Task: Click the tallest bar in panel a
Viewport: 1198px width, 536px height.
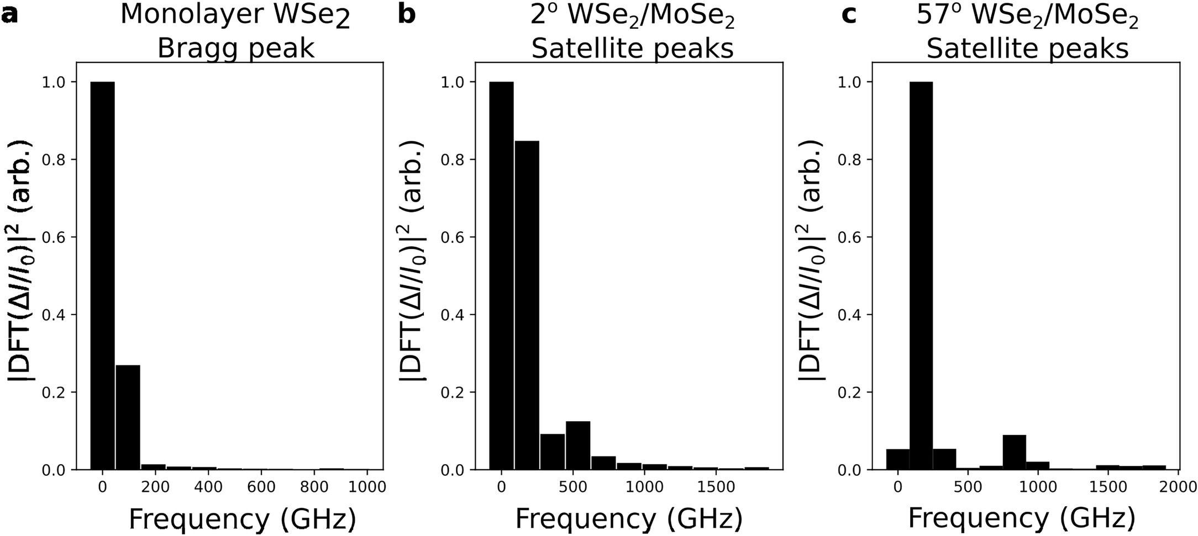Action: (x=102, y=276)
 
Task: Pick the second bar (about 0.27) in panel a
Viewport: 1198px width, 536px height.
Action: (x=128, y=417)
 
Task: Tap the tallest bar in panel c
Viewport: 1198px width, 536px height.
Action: (x=921, y=276)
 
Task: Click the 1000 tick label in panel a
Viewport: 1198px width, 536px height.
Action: (x=367, y=487)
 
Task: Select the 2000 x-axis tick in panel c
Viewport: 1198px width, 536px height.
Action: (x=1178, y=487)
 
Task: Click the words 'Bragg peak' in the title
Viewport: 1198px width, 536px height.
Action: (x=235, y=49)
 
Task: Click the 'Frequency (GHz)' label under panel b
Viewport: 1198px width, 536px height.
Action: (x=629, y=519)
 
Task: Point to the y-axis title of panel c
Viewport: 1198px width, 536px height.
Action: (x=812, y=259)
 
